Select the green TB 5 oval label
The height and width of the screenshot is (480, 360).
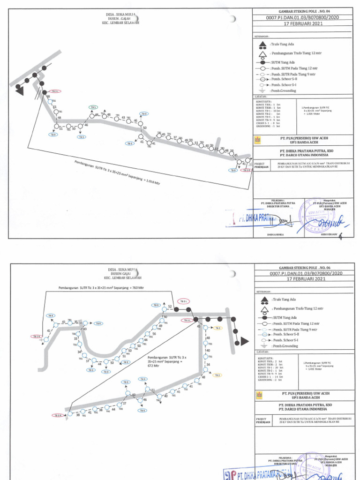tap(93, 107)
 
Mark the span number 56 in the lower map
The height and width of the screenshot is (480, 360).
tap(154, 333)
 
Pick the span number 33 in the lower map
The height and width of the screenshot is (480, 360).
tap(75, 338)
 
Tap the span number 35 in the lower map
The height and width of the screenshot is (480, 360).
tap(76, 322)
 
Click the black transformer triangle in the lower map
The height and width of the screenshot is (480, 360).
tap(243, 343)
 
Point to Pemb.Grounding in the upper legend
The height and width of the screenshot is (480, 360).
tap(281, 90)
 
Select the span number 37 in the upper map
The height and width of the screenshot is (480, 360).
tap(175, 137)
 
